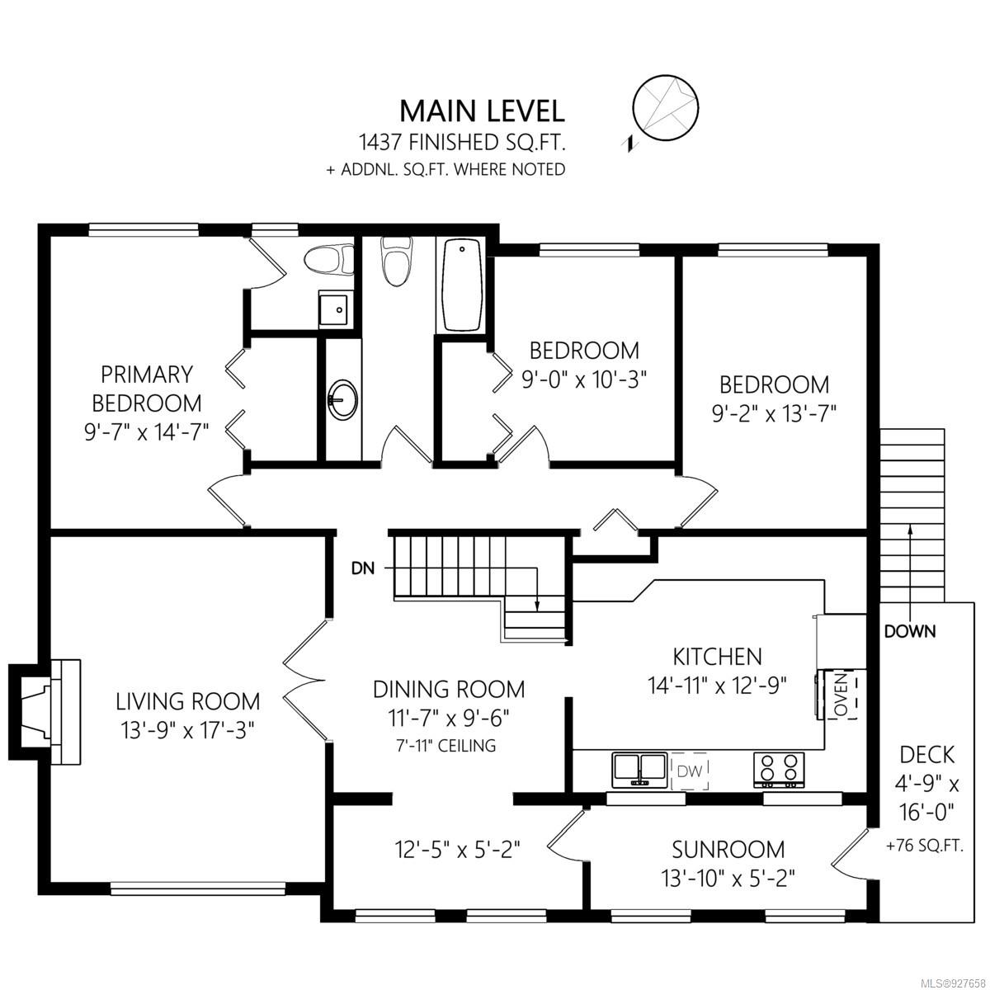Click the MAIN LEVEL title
coord(482,111)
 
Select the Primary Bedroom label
coord(146,389)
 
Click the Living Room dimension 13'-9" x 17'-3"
coord(188,729)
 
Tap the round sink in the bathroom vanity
coord(342,398)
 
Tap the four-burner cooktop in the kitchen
coord(778,770)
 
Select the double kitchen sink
coord(639,770)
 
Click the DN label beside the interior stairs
coord(363,568)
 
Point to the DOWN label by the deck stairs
coord(909,631)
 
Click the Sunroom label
coord(728,849)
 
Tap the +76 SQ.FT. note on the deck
coord(924,846)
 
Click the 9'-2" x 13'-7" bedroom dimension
coord(774,413)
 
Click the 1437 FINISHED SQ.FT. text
coord(462,142)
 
